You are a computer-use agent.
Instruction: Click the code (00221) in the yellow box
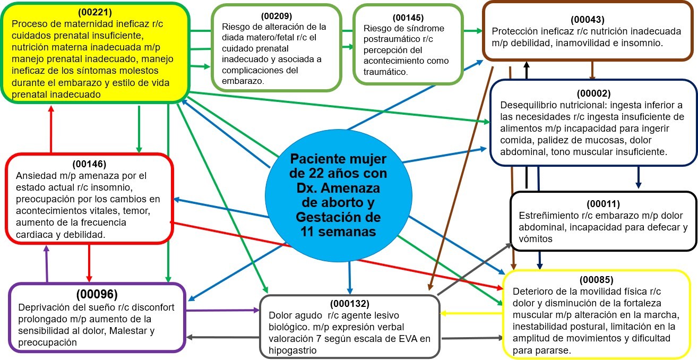click(94, 12)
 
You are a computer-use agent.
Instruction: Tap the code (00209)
click(277, 16)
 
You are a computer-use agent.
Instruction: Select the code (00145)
click(408, 18)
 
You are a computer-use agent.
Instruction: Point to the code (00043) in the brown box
click(588, 20)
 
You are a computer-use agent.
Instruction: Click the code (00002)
click(593, 93)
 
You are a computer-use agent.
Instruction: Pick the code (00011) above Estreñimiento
click(603, 204)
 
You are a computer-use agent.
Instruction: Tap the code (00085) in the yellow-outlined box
click(596, 280)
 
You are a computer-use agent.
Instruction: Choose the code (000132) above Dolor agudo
click(350, 303)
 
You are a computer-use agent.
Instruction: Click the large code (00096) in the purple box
click(97, 294)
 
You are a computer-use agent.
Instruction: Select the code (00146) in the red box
click(89, 164)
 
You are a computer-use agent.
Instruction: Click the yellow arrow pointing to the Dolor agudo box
click(471, 313)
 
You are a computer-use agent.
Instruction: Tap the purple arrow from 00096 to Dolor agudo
click(222, 310)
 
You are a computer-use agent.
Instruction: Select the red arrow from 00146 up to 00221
click(51, 129)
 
